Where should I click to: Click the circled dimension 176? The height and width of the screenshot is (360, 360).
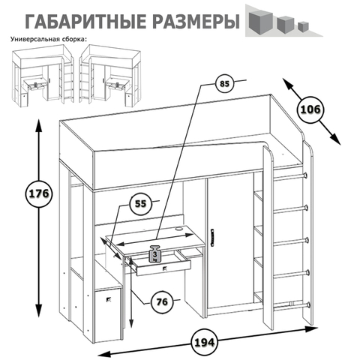pyautogui.click(x=39, y=193)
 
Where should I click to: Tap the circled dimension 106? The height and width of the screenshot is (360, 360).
pyautogui.click(x=310, y=109)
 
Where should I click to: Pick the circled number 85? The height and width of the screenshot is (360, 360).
pyautogui.click(x=224, y=84)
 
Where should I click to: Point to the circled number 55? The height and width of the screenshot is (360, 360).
pyautogui.click(x=140, y=204)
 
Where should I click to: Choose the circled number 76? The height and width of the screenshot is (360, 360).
pyautogui.click(x=162, y=302)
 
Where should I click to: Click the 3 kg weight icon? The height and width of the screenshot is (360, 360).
pyautogui.click(x=155, y=254)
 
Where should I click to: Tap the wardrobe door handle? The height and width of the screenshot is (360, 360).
pyautogui.click(x=213, y=237)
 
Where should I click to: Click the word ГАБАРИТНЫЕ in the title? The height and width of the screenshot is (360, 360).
pyautogui.click(x=85, y=22)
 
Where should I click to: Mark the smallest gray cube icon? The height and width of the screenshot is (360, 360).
pyautogui.click(x=303, y=26)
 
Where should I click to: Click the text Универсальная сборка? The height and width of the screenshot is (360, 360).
pyautogui.click(x=49, y=39)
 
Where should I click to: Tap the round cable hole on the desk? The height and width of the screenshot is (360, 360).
pyautogui.click(x=179, y=228)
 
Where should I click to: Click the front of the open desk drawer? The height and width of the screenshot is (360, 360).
pyautogui.click(x=163, y=268)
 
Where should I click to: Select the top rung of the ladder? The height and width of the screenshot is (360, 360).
pyautogui.click(x=291, y=177)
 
